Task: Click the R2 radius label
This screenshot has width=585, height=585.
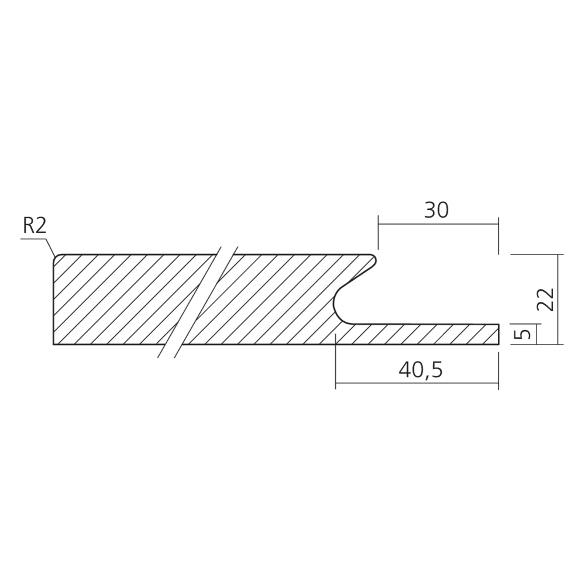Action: tap(35, 225)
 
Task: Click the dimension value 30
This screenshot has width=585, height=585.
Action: tap(436, 210)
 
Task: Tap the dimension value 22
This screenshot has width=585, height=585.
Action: tap(545, 299)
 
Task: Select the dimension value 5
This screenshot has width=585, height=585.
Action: tap(525, 334)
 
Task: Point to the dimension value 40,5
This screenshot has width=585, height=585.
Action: tap(421, 370)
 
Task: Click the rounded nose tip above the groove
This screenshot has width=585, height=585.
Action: tap(374, 260)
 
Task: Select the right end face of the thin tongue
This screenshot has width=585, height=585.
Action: tap(499, 334)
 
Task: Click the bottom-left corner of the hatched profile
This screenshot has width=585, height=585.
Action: tap(53, 345)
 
